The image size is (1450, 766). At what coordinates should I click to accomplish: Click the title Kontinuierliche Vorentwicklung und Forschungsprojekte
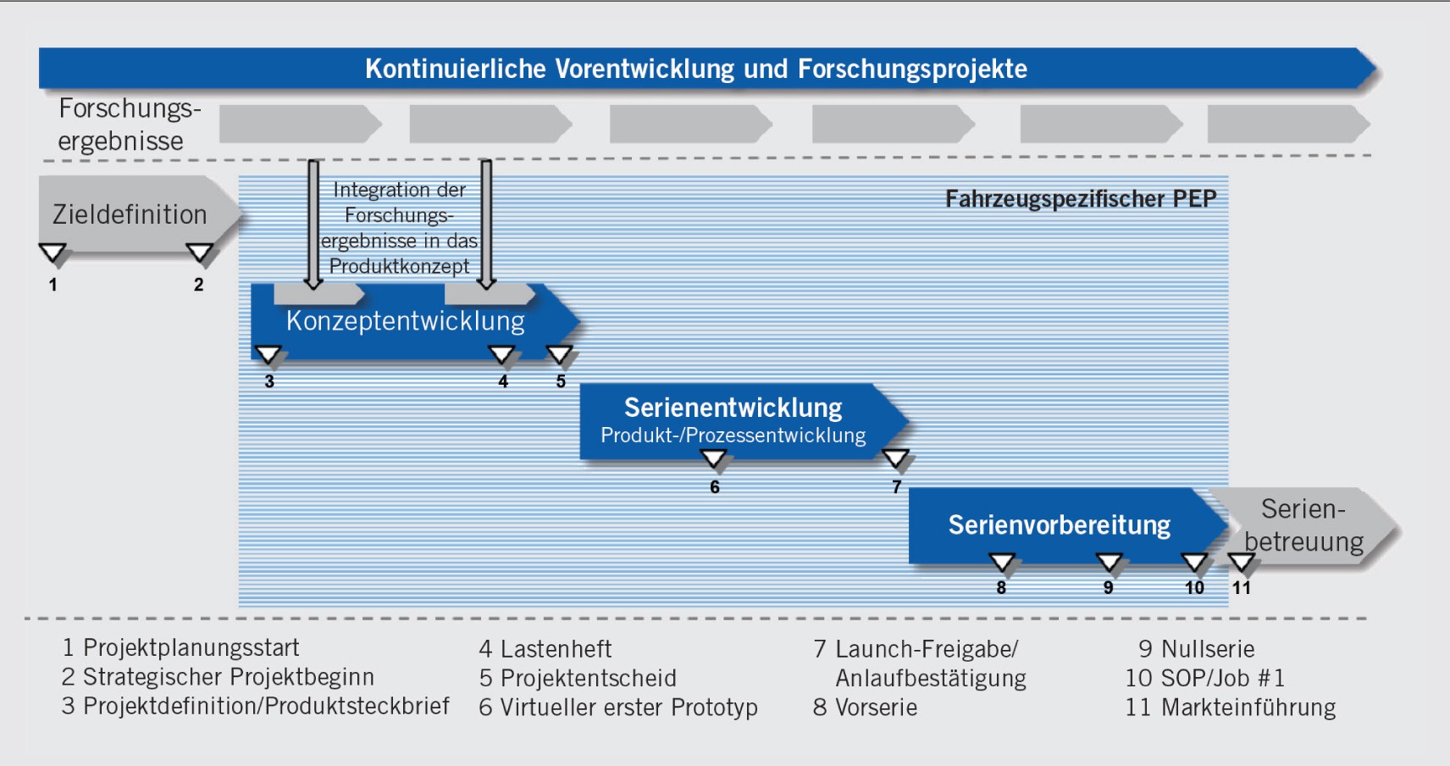coord(695,69)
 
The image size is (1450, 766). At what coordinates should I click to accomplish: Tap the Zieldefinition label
coord(130,214)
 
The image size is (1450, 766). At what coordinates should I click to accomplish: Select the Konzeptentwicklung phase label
coord(405,321)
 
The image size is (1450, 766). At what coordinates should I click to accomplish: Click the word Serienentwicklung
coord(733,408)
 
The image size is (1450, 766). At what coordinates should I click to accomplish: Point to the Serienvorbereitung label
coord(1059,525)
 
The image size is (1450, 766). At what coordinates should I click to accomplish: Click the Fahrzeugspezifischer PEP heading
coord(1080,198)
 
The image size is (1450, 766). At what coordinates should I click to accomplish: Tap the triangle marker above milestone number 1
coord(53,253)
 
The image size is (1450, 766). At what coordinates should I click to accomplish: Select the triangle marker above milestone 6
coord(714,458)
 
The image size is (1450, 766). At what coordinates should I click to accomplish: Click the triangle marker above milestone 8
coord(1001,562)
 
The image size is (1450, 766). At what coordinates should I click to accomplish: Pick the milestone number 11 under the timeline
coord(1241,587)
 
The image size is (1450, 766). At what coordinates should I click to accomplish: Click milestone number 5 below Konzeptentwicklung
coord(561,381)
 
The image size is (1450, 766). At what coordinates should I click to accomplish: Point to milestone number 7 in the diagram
coord(896,486)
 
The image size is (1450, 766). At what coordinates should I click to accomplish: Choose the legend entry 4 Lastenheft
coord(545,649)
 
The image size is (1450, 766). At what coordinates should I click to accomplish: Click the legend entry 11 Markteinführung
coord(1230,707)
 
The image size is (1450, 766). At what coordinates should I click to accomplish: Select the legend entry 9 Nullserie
coord(1196,649)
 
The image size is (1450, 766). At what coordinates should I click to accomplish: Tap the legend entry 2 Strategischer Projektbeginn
coord(218,677)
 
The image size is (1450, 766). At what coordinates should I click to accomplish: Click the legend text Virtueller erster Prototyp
coord(628,707)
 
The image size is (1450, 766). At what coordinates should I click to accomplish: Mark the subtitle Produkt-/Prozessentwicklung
coord(733,436)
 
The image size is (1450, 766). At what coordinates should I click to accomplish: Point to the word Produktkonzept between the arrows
coord(399,266)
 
